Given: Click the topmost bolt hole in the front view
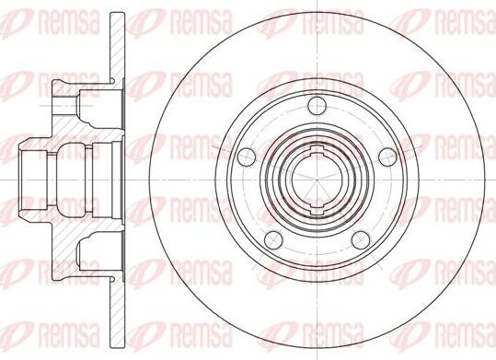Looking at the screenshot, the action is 317,106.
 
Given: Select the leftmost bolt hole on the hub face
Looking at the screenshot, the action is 247,157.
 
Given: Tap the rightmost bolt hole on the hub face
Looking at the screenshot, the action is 387,157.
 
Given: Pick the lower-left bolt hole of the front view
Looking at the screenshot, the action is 273,240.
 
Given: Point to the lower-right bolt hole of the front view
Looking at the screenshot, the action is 361,240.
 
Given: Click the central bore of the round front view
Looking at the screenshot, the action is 317,180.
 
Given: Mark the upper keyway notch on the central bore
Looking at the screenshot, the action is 317,150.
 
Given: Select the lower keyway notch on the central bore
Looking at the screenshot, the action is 317,210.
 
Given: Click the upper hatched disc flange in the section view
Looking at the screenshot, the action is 117,48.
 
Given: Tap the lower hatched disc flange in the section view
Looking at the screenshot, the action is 117,312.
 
